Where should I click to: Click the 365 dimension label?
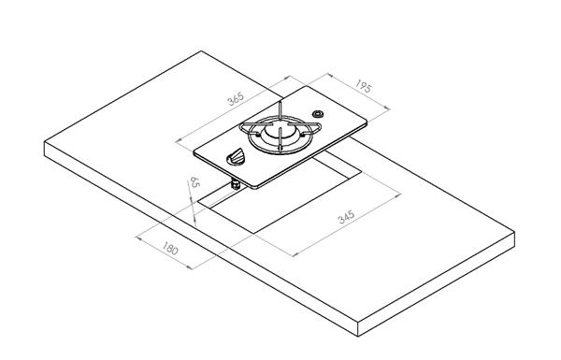(x=237, y=98)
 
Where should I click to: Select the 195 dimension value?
(x=364, y=86)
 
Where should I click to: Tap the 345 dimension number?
(x=346, y=217)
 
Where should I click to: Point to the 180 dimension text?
(x=169, y=248)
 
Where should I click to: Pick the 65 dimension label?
(x=194, y=181)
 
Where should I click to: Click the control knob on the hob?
(x=236, y=157)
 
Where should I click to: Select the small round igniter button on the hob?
(x=318, y=114)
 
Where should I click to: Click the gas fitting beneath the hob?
(x=236, y=184)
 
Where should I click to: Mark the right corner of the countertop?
(x=514, y=232)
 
